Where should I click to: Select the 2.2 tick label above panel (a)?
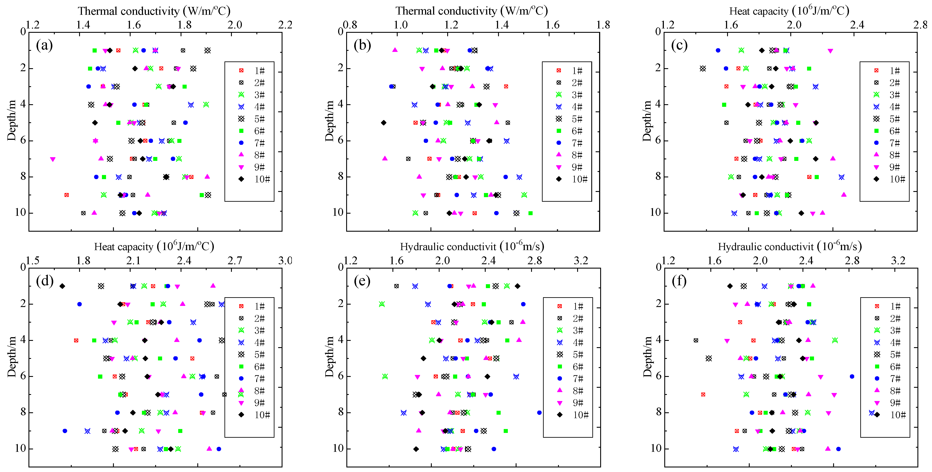[285, 25]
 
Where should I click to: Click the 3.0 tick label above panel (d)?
[285, 261]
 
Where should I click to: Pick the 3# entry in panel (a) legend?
[253, 95]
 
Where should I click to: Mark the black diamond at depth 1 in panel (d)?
[62, 286]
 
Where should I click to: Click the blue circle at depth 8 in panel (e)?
[539, 412]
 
